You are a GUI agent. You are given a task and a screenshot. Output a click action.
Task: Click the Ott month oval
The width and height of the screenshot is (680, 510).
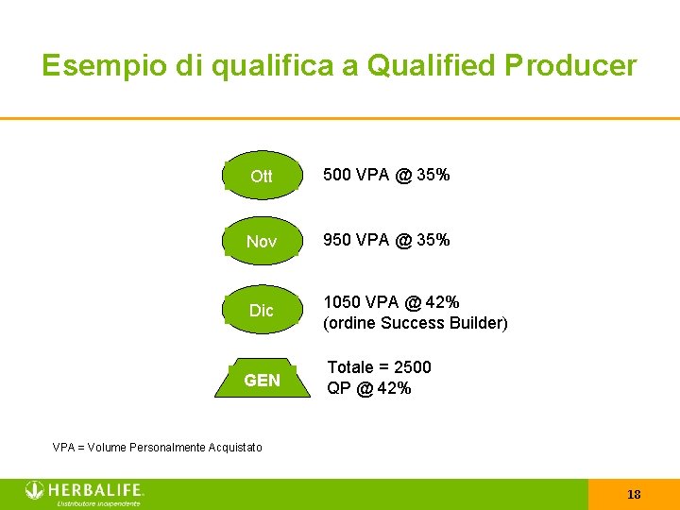coord(262,177)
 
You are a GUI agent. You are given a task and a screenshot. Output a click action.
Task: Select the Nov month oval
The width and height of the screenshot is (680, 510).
coord(262,242)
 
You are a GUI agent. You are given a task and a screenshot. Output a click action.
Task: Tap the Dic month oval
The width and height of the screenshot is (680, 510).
coord(262,311)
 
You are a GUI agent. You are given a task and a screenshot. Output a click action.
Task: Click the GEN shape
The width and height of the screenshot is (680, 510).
coord(262,381)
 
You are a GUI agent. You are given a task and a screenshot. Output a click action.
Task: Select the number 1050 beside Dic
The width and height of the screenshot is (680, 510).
coord(343,302)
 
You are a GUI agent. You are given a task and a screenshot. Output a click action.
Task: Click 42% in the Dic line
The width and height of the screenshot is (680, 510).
coord(441,302)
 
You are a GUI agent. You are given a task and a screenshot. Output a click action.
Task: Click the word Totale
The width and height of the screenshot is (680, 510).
coord(351,367)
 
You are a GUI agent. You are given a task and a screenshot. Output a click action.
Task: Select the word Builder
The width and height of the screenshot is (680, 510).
coord(477,323)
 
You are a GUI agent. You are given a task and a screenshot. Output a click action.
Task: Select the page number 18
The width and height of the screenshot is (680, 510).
coord(634,494)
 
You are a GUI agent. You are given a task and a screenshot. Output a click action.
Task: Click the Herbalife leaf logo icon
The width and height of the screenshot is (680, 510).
coord(35,490)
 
